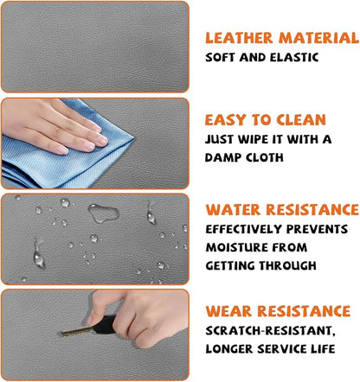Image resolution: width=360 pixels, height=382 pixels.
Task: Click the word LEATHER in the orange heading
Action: pyautogui.click(x=239, y=38)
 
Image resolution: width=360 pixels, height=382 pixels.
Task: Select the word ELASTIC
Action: pyautogui.click(x=294, y=58)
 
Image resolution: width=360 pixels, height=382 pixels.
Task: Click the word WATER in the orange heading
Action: pyautogui.click(x=233, y=210)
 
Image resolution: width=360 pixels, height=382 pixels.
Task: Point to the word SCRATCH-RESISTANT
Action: pyautogui.click(x=270, y=331)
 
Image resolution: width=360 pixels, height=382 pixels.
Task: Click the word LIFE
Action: pyautogui.click(x=323, y=349)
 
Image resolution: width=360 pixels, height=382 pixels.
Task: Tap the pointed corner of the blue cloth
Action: pyautogui.click(x=133, y=139)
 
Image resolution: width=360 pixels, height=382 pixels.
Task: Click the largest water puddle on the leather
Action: pyautogui.click(x=104, y=213)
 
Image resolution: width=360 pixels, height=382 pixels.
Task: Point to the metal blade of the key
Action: pyautogui.click(x=78, y=331)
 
